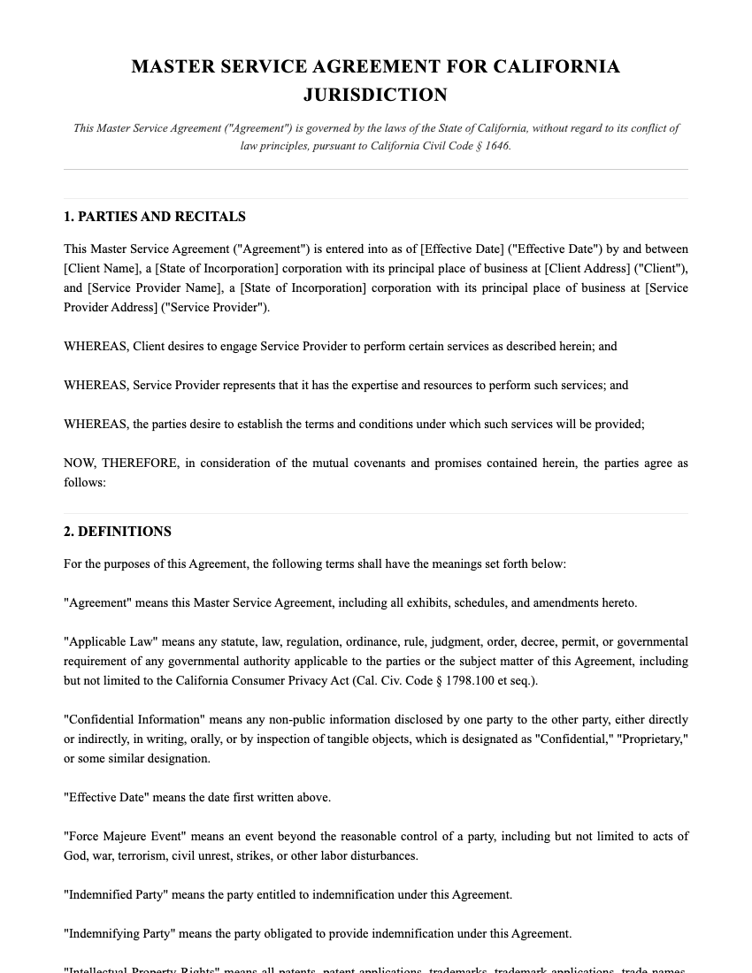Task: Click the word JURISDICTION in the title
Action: pyautogui.click(x=375, y=95)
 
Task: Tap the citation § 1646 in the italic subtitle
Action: pyautogui.click(x=492, y=146)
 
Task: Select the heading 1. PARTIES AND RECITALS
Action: pyautogui.click(x=155, y=217)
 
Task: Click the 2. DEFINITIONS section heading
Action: pyautogui.click(x=118, y=532)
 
